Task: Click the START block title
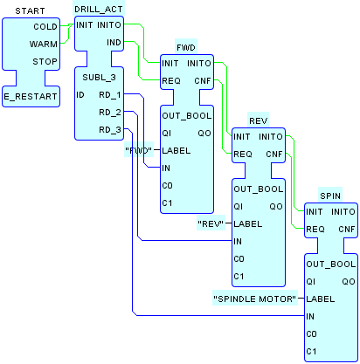tap(30, 11)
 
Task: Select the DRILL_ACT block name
tap(99, 10)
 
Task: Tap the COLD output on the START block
tap(45, 27)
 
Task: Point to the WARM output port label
tap(44, 45)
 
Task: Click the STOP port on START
tap(45, 62)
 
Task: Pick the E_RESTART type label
tap(31, 97)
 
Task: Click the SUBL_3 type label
tap(99, 78)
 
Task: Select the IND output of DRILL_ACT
tap(114, 43)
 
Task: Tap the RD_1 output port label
tap(110, 95)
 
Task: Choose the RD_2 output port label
tap(110, 113)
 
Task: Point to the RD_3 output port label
tap(110, 130)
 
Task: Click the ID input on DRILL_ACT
tap(80, 95)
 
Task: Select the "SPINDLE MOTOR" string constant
tap(255, 299)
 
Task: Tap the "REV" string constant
tap(211, 223)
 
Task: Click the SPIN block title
tap(330, 196)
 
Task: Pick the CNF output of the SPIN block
tap(347, 230)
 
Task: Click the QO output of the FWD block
tap(204, 134)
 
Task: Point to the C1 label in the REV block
tap(239, 277)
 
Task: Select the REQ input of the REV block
tap(243, 155)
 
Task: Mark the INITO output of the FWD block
tap(199, 64)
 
